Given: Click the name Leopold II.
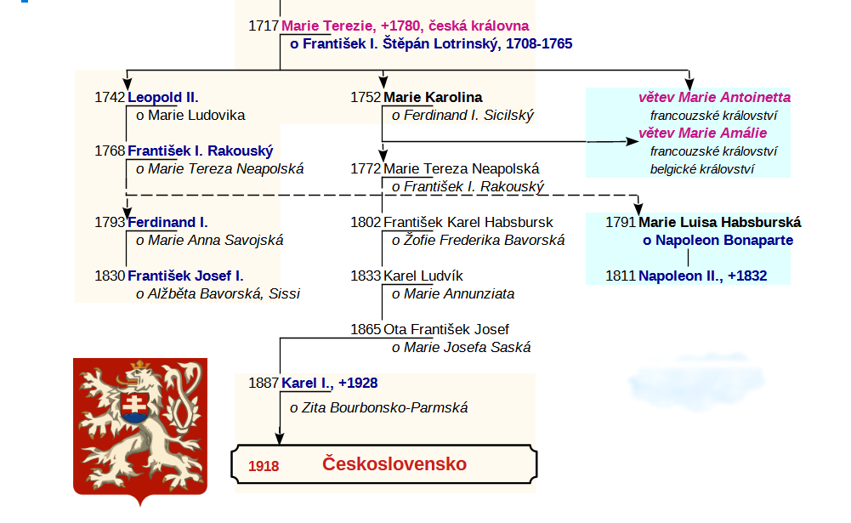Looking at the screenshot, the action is (x=163, y=97).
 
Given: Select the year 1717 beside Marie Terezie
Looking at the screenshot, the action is (x=264, y=26).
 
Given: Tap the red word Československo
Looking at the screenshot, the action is (x=394, y=463).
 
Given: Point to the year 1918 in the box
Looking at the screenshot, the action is (x=264, y=466).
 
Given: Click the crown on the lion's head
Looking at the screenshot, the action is (x=140, y=364).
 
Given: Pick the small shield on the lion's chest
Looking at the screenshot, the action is (x=135, y=407).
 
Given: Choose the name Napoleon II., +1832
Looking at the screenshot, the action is (x=703, y=276).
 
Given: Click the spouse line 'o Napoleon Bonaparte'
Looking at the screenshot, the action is (x=718, y=240).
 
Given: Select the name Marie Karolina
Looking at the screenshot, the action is (x=433, y=97).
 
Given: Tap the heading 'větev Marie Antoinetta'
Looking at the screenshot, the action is (x=714, y=97).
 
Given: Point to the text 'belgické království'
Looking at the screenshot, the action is (x=702, y=169).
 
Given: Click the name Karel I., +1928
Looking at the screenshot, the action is (x=330, y=383).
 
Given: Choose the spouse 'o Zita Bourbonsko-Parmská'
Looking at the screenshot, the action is (x=379, y=407).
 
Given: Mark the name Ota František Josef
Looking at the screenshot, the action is (x=446, y=329).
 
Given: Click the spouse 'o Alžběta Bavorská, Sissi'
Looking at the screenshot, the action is (x=218, y=293).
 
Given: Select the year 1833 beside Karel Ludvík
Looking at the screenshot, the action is (x=366, y=276).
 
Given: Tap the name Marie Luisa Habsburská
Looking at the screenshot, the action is (x=720, y=222).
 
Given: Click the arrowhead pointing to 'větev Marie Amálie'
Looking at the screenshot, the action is (x=633, y=142).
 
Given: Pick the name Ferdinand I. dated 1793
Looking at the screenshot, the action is (x=167, y=222).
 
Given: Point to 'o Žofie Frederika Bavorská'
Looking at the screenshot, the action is (x=478, y=240).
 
